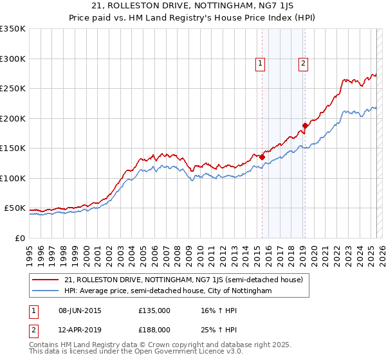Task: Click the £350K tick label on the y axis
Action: point(13,29)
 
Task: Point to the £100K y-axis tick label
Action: point(13,178)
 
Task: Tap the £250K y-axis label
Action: point(13,89)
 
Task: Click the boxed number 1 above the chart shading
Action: point(261,63)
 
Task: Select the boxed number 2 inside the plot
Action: point(303,63)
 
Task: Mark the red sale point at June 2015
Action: point(262,157)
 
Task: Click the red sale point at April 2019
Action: point(305,125)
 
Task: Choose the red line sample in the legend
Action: point(46,280)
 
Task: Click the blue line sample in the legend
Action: point(46,291)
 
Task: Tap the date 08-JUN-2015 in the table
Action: point(79,310)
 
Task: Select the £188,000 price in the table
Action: point(154,329)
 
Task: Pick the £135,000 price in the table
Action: point(154,310)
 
